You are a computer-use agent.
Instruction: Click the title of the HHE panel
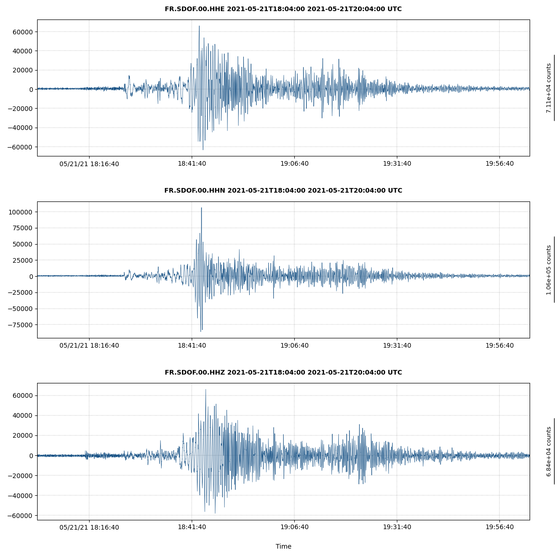point(283,9)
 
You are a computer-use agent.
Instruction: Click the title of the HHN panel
point(283,190)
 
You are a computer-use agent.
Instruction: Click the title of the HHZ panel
point(283,372)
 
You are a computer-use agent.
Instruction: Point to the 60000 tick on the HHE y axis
point(23,32)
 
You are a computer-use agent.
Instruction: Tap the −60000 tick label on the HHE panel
point(21,147)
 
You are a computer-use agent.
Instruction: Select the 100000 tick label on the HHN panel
point(21,212)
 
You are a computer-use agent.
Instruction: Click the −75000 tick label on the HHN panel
point(21,325)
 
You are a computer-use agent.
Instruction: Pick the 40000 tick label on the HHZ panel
point(23,415)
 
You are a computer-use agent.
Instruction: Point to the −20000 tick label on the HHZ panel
point(21,476)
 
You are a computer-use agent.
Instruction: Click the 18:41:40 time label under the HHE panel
point(192,164)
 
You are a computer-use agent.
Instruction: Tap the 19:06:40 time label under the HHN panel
point(294,345)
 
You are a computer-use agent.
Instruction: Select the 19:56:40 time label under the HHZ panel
point(499,527)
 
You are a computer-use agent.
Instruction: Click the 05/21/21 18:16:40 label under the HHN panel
point(89,345)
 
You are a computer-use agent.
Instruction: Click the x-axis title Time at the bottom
point(283,546)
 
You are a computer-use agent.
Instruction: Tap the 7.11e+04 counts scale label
point(549,88)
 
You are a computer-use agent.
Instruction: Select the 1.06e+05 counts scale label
point(549,270)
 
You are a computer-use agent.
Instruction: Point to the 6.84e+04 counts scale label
point(549,451)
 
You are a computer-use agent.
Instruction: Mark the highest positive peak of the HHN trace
point(201,208)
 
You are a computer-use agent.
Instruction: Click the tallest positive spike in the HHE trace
point(199,26)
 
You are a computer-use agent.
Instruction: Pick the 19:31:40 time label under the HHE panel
point(397,164)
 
